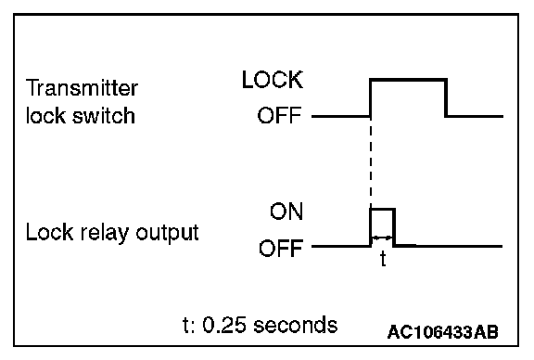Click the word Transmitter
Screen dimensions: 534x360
82,88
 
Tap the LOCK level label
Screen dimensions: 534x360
273,80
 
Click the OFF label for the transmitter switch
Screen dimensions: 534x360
279,115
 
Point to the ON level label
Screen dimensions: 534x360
286,212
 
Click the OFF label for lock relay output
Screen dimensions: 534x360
281,248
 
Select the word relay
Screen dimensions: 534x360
105,233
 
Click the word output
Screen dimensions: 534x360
167,234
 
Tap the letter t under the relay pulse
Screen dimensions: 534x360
383,259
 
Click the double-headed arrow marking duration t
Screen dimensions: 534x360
382,238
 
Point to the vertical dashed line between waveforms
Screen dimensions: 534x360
371,162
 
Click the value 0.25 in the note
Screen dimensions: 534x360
223,325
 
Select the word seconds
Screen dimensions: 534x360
295,325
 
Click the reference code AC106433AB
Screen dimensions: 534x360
443,332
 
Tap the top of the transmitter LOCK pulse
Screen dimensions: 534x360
408,80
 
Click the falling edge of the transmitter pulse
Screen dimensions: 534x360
446,98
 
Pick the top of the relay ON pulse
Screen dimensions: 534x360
383,209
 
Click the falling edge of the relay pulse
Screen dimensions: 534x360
394,227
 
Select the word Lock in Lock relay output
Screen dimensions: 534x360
49,233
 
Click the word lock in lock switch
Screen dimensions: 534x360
45,115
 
